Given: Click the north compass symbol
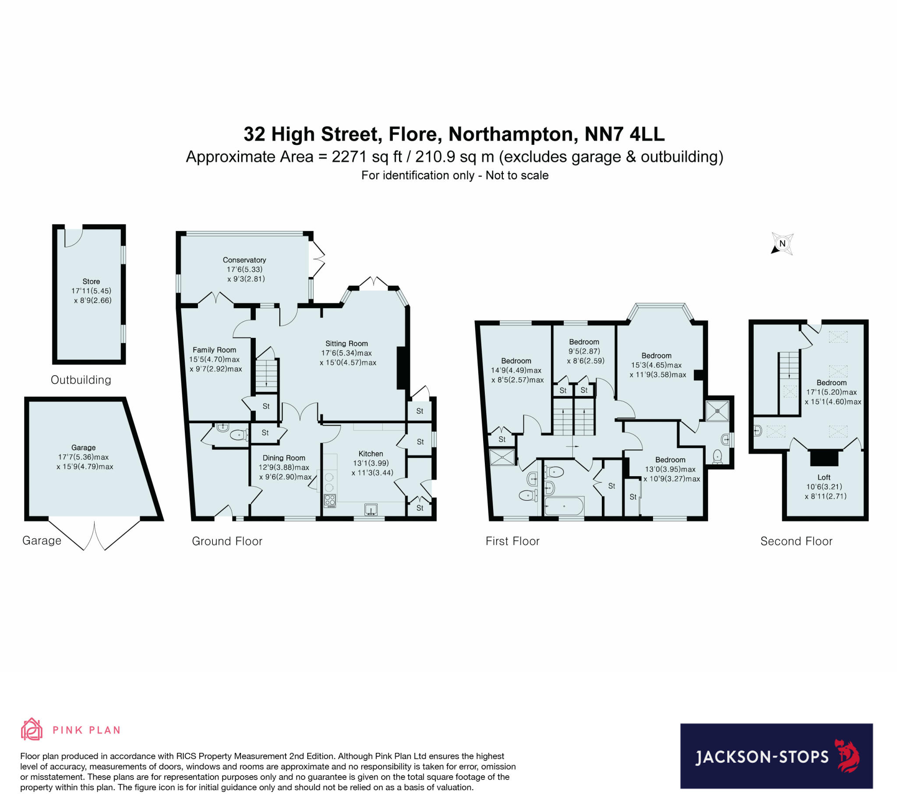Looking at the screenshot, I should (782, 243).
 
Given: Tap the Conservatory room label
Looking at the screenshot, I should (244, 260).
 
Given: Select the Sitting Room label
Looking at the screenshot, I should (347, 344).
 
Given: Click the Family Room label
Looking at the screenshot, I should (214, 350).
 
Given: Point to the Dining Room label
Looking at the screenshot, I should (283, 457).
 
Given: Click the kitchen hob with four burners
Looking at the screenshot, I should (329, 500).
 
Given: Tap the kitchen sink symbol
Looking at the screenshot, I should (371, 509).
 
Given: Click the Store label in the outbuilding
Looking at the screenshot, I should (91, 281).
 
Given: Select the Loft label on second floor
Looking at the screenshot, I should (824, 477).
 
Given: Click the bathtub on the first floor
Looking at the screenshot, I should (564, 506).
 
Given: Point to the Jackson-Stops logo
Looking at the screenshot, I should (776, 756).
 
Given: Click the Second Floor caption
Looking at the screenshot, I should (796, 541).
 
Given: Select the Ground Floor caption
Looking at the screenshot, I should (227, 541).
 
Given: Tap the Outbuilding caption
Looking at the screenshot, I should (81, 379).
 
